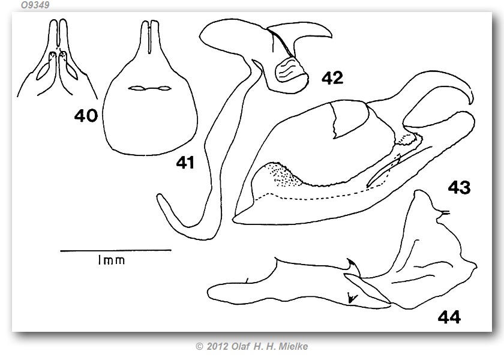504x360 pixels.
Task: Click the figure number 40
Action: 86,115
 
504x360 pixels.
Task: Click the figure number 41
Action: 185,163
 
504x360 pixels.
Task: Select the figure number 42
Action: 332,78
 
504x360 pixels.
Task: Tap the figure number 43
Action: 459,187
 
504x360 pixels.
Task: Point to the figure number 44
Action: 449,317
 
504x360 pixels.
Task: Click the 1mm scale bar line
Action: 116,250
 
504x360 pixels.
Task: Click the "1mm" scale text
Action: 112,260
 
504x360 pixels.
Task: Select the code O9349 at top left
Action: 35,5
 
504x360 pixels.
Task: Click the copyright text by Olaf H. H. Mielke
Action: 251,346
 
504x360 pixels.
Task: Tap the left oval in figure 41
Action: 136,88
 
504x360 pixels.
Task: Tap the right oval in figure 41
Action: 163,88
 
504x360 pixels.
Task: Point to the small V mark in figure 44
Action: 352,298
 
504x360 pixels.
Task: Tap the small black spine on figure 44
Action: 351,265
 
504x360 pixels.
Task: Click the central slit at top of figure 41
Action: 149,37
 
